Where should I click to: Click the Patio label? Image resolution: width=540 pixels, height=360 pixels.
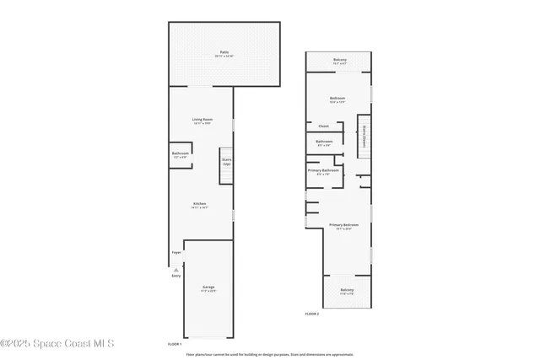[224, 53]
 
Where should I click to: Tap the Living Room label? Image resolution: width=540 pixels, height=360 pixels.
[202, 121]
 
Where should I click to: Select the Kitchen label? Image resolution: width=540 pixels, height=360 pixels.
[200, 204]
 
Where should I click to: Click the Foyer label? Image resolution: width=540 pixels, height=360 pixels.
[176, 252]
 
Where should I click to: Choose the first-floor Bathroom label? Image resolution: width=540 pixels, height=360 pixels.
[181, 154]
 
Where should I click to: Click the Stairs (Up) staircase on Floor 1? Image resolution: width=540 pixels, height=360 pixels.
[226, 160]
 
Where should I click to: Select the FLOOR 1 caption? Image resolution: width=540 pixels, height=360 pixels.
[175, 344]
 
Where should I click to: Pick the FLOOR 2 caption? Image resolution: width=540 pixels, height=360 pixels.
[312, 314]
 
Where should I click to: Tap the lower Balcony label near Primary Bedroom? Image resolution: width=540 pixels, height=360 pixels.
[347, 291]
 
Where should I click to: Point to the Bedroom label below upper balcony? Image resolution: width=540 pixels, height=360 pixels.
[337, 99]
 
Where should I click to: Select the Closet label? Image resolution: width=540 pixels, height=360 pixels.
[323, 126]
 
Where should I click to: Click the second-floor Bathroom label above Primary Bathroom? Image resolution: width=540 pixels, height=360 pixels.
[324, 142]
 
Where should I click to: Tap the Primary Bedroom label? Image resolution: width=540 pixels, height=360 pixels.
[343, 226]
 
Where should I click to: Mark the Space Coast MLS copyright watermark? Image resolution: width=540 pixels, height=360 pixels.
[57, 343]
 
